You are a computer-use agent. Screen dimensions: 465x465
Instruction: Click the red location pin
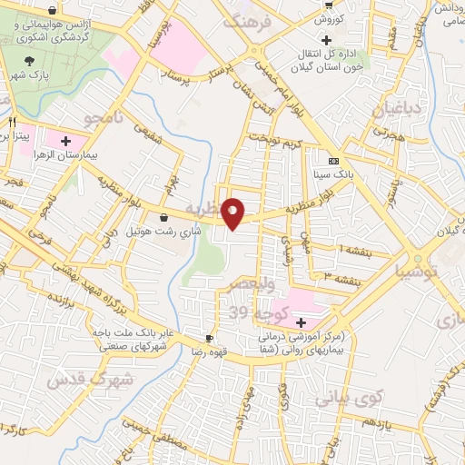[x=235, y=213]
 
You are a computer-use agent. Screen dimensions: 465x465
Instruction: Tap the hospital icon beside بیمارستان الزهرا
[x=64, y=141]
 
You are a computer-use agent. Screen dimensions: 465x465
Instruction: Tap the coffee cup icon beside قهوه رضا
[x=210, y=337]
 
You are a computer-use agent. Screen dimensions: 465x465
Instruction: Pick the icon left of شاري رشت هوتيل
[x=163, y=218]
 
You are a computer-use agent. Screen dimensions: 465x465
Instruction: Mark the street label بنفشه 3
[x=341, y=275]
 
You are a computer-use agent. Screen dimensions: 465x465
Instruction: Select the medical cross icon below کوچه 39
[x=301, y=323]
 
